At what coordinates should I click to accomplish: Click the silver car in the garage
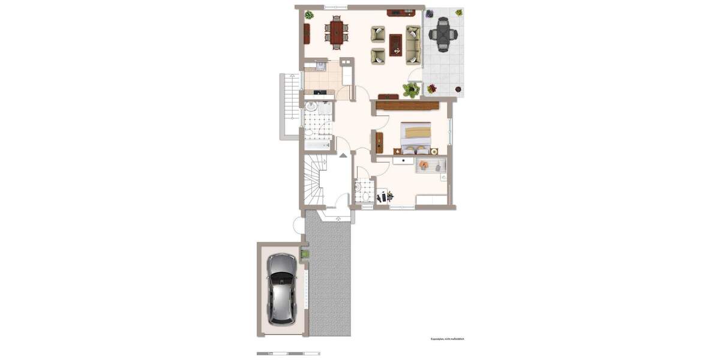[281, 287]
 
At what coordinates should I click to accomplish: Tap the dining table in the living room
[337, 32]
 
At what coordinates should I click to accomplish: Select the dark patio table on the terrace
[443, 35]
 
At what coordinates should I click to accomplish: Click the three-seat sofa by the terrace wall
[413, 44]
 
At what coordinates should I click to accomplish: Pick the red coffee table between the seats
[395, 44]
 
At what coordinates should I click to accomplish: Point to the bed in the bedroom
[415, 134]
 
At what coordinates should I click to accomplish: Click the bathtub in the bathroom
[317, 145]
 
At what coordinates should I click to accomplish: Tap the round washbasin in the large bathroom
[311, 107]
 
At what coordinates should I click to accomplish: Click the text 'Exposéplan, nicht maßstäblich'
[447, 339]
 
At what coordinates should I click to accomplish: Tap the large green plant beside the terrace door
[411, 91]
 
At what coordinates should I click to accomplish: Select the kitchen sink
[320, 65]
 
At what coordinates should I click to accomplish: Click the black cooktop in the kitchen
[320, 92]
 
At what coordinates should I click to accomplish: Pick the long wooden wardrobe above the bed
[407, 106]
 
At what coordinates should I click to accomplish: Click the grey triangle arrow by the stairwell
[343, 155]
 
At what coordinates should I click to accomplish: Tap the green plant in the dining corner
[309, 14]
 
